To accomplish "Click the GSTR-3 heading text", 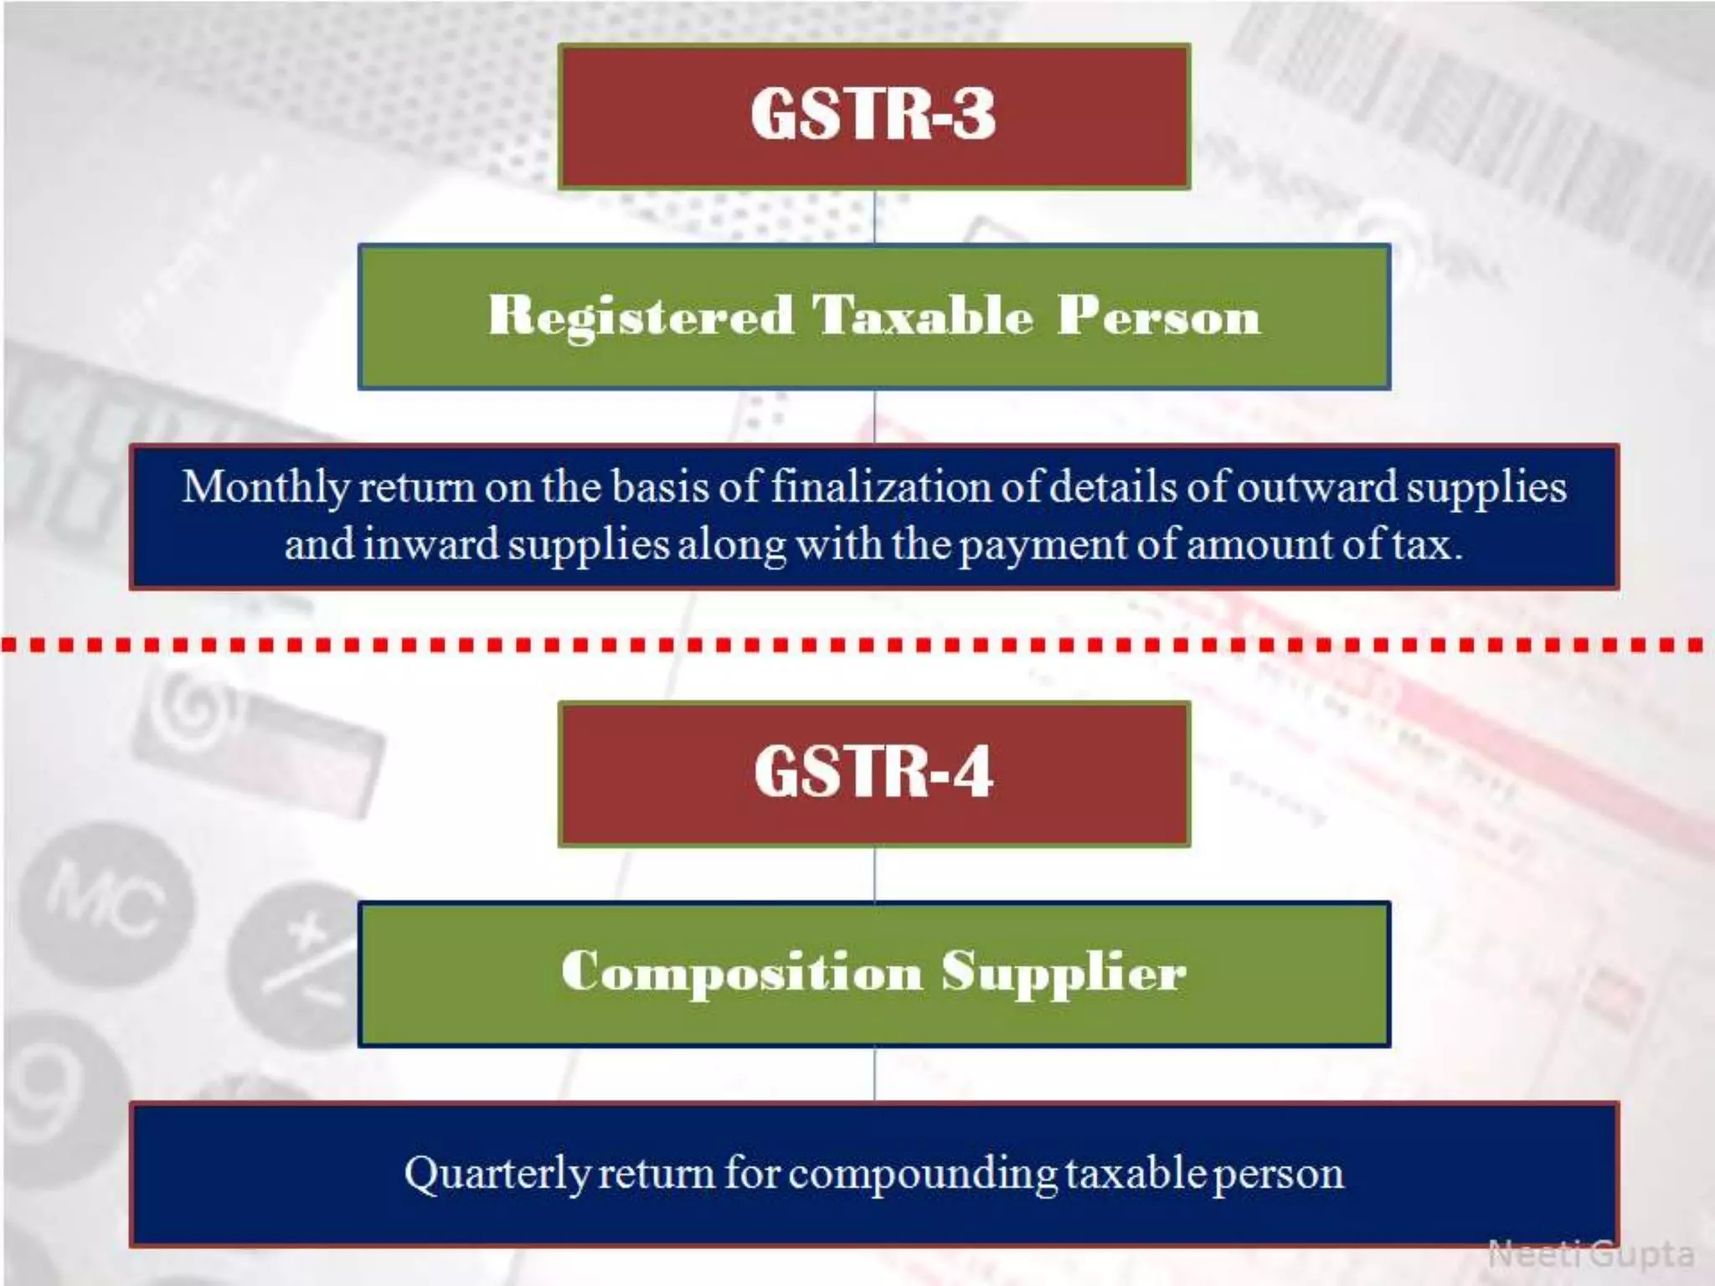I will pyautogui.click(x=873, y=115).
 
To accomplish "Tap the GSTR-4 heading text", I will pyautogui.click(x=873, y=772).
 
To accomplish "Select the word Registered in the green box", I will pyautogui.click(x=641, y=316).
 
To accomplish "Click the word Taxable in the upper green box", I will pyautogui.click(x=923, y=316).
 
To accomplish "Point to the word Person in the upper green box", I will pyautogui.click(x=1158, y=316).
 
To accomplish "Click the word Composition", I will pyautogui.click(x=741, y=973).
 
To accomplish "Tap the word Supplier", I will pyautogui.click(x=1064, y=973).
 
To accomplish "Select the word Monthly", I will pyautogui.click(x=265, y=488).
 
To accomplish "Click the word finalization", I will pyautogui.click(x=882, y=487).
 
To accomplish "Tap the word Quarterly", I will pyautogui.click(x=497, y=1174).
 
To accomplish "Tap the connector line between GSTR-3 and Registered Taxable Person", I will pyautogui.click(x=874, y=217).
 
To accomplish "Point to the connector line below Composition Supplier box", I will pyautogui.click(x=874, y=1074).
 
